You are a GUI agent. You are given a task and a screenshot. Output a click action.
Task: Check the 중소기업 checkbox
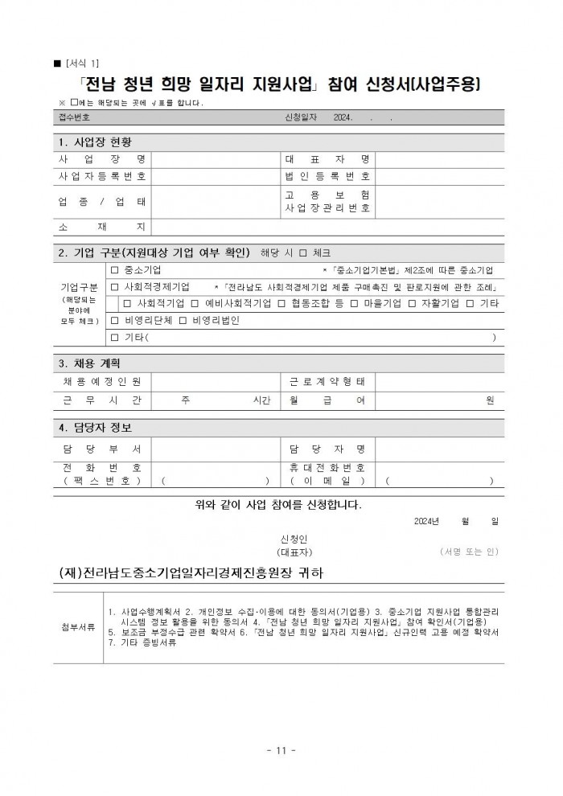[114, 269]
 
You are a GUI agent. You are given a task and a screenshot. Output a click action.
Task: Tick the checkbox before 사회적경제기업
[114, 287]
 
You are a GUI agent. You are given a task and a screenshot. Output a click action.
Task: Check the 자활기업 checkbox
[412, 304]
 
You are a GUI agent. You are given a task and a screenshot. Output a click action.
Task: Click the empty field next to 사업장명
[214, 158]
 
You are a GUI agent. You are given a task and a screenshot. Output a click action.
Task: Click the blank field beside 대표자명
[439, 158]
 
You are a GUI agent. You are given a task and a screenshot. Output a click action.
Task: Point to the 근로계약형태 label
[328, 381]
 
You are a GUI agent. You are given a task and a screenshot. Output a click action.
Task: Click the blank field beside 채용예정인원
[214, 381]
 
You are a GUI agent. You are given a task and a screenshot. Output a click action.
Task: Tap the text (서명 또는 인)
[470, 552]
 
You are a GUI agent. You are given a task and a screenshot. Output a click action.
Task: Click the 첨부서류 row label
[78, 626]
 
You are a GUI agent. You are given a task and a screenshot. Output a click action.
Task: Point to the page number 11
[281, 751]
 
